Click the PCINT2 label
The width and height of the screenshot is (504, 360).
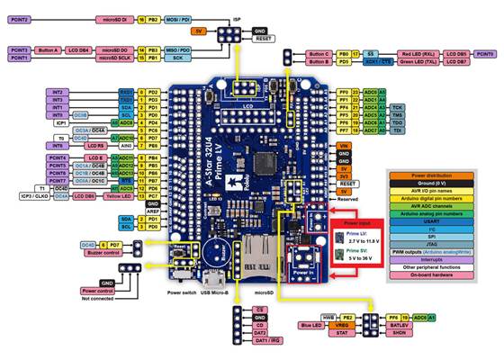(22, 18)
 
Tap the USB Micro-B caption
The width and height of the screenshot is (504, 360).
(216, 292)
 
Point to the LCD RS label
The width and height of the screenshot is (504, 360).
(97, 145)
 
